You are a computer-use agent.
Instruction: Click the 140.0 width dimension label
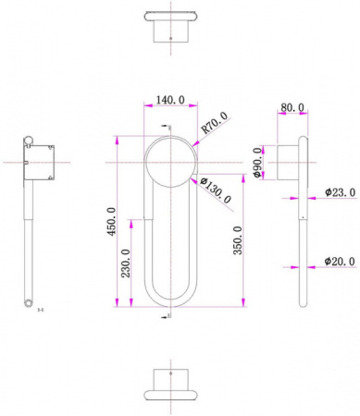170,100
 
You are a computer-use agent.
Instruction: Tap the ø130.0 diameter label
216,190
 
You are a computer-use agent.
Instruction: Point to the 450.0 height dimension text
111,221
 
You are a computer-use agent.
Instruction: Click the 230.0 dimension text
126,263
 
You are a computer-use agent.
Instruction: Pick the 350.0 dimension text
238,240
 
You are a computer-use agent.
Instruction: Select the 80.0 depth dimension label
292,107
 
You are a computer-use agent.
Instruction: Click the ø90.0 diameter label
258,163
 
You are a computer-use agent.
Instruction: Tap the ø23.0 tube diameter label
340,192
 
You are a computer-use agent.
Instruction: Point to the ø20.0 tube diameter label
340,262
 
